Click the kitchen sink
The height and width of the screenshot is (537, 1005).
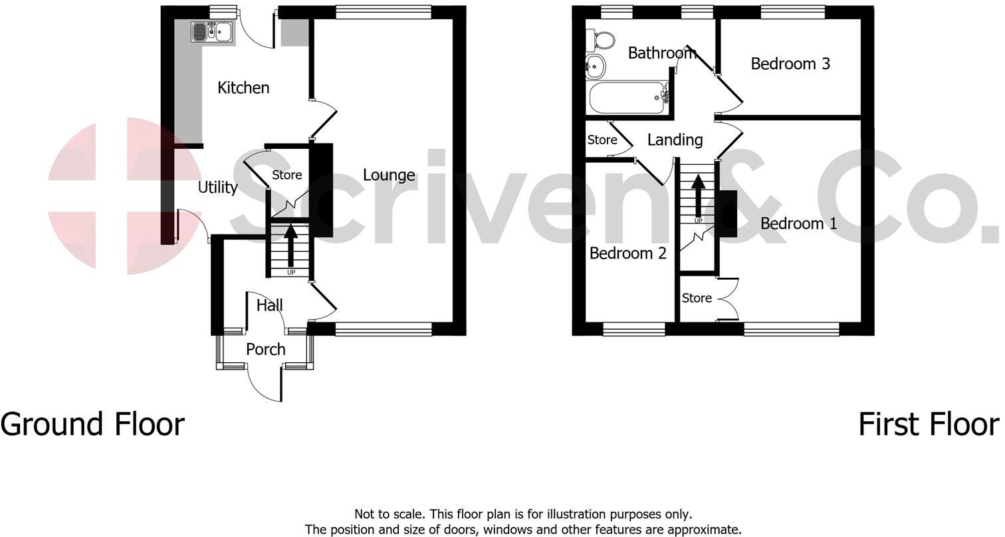click(212, 31)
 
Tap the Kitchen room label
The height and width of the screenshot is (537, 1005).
click(243, 88)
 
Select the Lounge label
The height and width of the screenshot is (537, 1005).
click(389, 175)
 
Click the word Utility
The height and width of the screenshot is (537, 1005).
click(217, 187)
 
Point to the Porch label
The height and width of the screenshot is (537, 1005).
click(266, 350)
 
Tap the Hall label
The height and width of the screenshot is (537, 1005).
click(269, 305)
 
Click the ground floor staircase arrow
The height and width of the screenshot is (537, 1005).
click(290, 246)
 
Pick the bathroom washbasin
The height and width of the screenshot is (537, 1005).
click(595, 65)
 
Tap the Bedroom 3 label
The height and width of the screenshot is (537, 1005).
click(790, 64)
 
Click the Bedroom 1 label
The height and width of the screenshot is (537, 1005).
click(798, 223)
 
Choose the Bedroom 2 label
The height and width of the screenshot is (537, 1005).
click(627, 253)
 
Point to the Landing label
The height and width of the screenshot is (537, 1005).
click(675, 140)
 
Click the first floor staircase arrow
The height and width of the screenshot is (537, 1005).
click(698, 194)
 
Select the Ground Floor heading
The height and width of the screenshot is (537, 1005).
click(92, 424)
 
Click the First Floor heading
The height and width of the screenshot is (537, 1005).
click(928, 424)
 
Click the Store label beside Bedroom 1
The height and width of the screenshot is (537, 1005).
click(697, 298)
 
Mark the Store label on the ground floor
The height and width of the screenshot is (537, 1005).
click(286, 175)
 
